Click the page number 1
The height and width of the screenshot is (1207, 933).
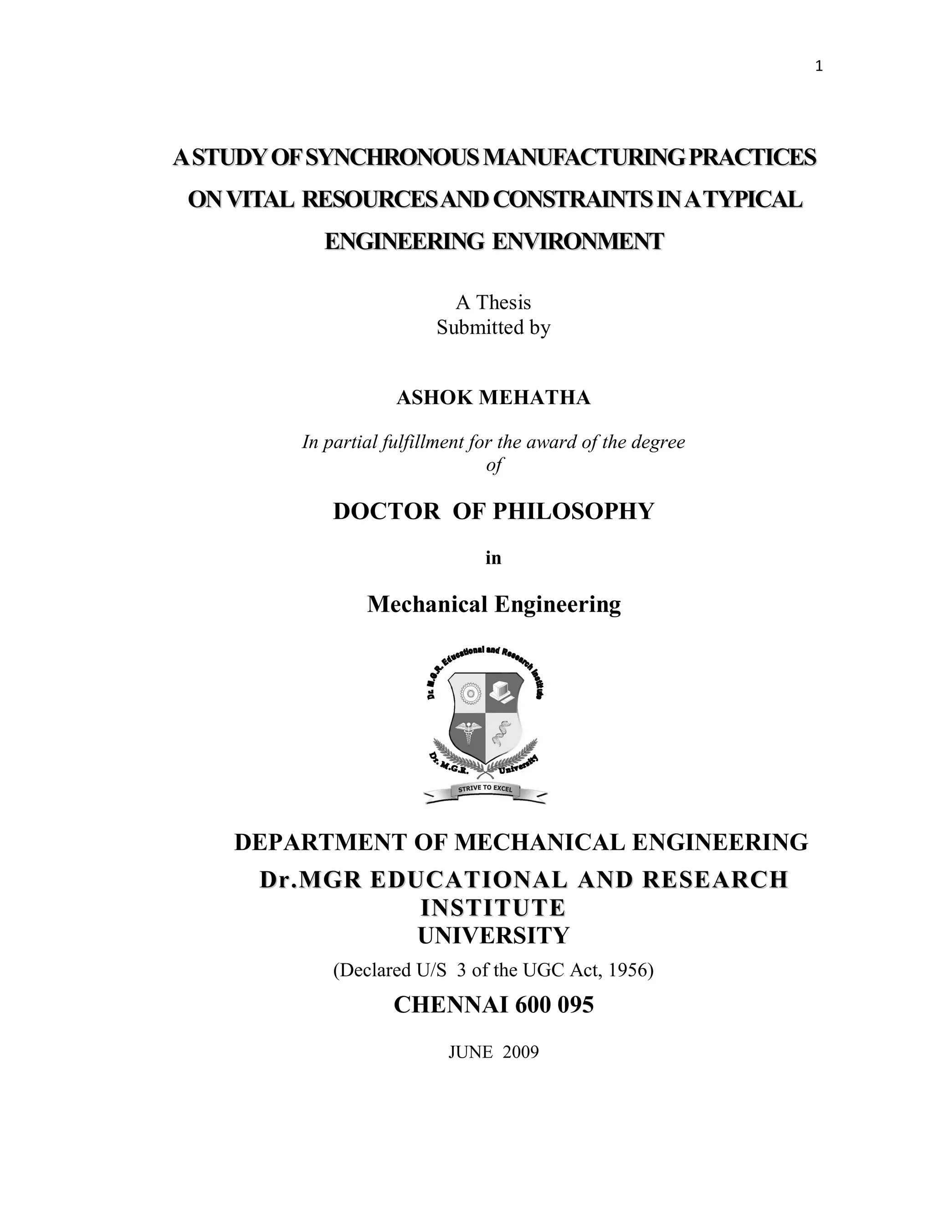pyautogui.click(x=819, y=67)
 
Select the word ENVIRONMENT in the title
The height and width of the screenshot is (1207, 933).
pyautogui.click(x=578, y=241)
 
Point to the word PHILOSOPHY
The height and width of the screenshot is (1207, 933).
pyautogui.click(x=573, y=511)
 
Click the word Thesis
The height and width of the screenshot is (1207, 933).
pyautogui.click(x=503, y=303)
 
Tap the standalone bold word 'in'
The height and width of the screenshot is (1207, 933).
pyautogui.click(x=493, y=558)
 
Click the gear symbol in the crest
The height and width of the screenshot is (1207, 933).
pyautogui.click(x=470, y=692)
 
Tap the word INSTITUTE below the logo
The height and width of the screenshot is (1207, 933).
pyautogui.click(x=493, y=907)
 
